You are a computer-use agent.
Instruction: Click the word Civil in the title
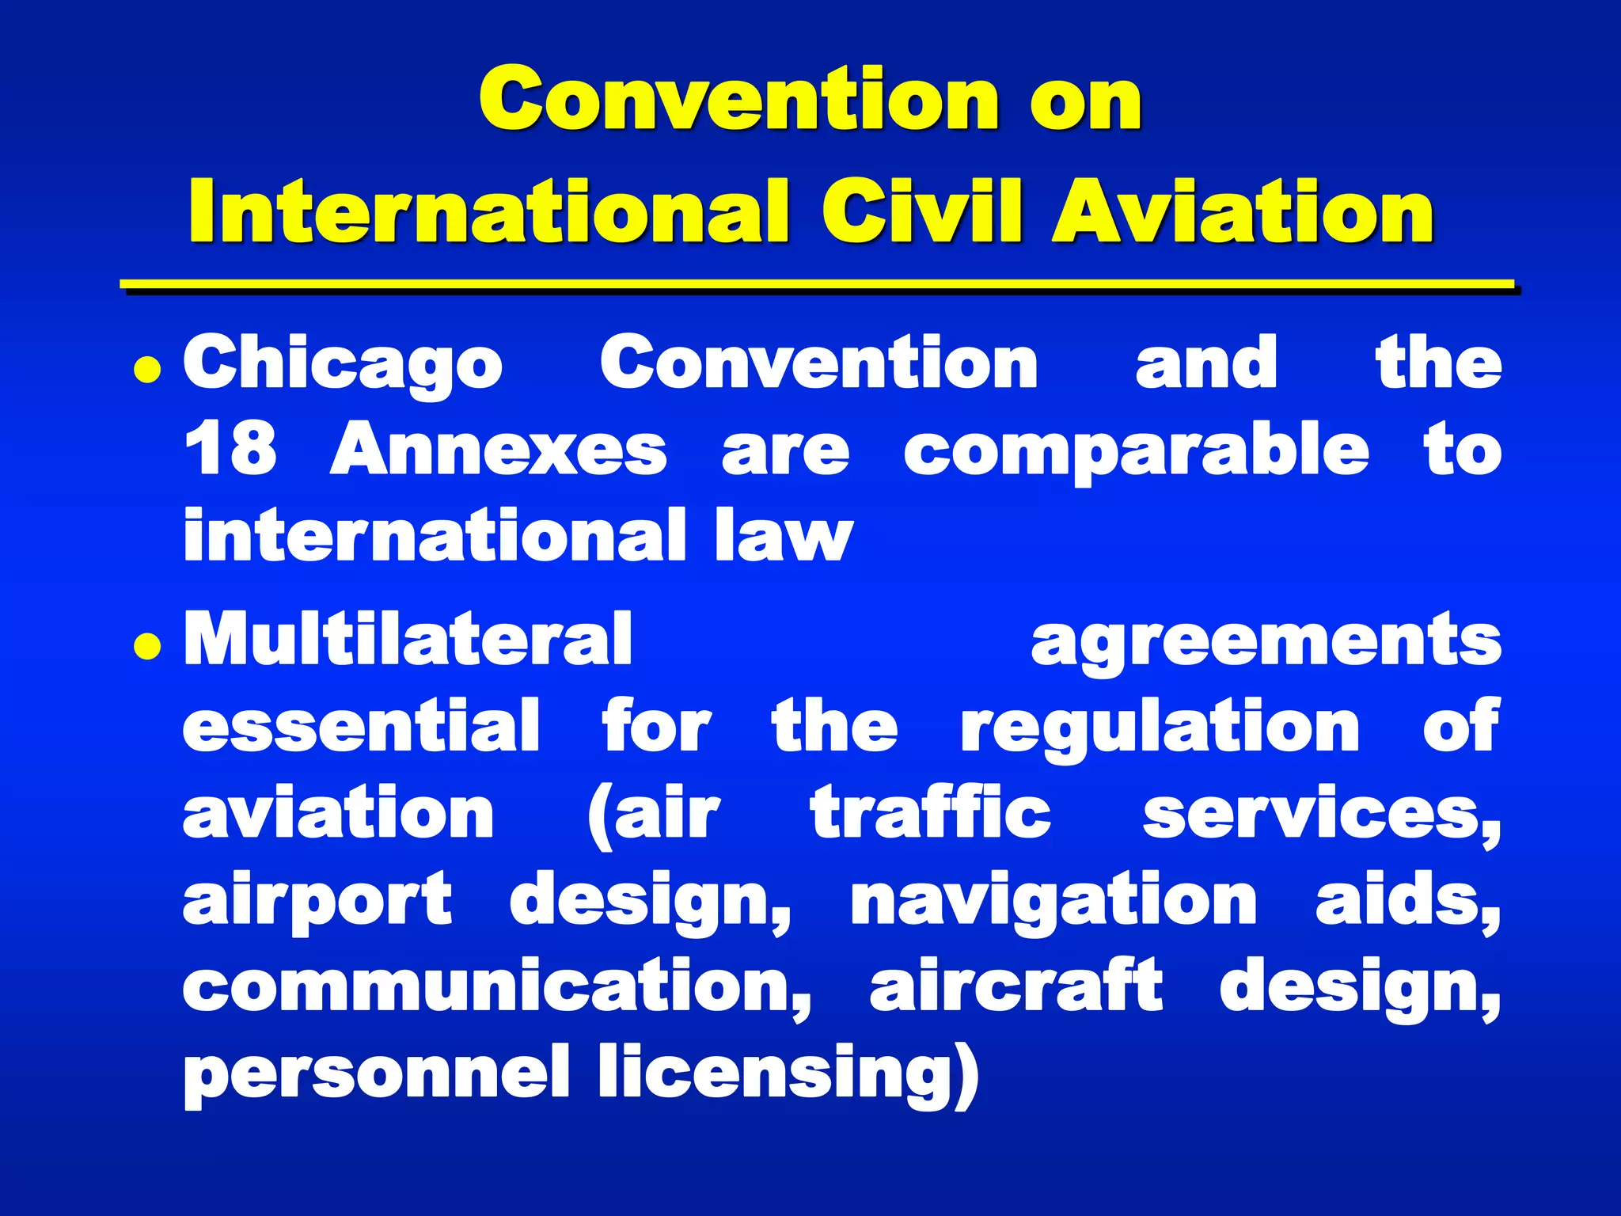[x=923, y=211]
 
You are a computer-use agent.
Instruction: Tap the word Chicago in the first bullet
[x=343, y=365]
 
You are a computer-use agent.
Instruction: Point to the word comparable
[x=1136, y=451]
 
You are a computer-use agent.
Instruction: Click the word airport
[x=317, y=901]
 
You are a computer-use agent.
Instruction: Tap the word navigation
[x=1053, y=901]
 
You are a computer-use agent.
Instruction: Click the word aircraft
[x=1016, y=985]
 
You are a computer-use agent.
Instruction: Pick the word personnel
[x=376, y=1073]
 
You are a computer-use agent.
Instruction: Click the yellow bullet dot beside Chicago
[x=147, y=369]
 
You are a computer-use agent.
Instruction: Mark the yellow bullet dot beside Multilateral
[x=147, y=646]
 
